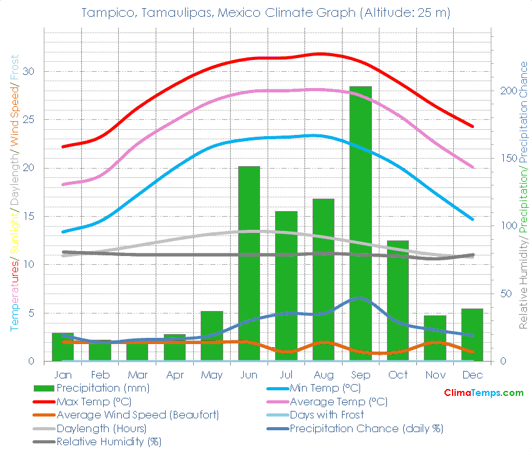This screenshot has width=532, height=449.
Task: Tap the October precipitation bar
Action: [x=398, y=300]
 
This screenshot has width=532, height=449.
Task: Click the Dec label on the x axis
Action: [x=472, y=375]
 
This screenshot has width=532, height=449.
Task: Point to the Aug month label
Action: [x=323, y=375]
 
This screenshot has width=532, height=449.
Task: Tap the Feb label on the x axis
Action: [x=100, y=375]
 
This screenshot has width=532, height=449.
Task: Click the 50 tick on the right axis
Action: [x=504, y=294]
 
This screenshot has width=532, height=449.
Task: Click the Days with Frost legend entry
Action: [x=326, y=415]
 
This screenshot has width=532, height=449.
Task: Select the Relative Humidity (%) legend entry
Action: [x=108, y=442]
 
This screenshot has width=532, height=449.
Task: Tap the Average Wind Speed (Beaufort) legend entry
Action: [x=137, y=415]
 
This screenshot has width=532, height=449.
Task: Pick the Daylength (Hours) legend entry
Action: [x=101, y=428]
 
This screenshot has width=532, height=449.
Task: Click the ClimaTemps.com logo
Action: [x=483, y=393]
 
